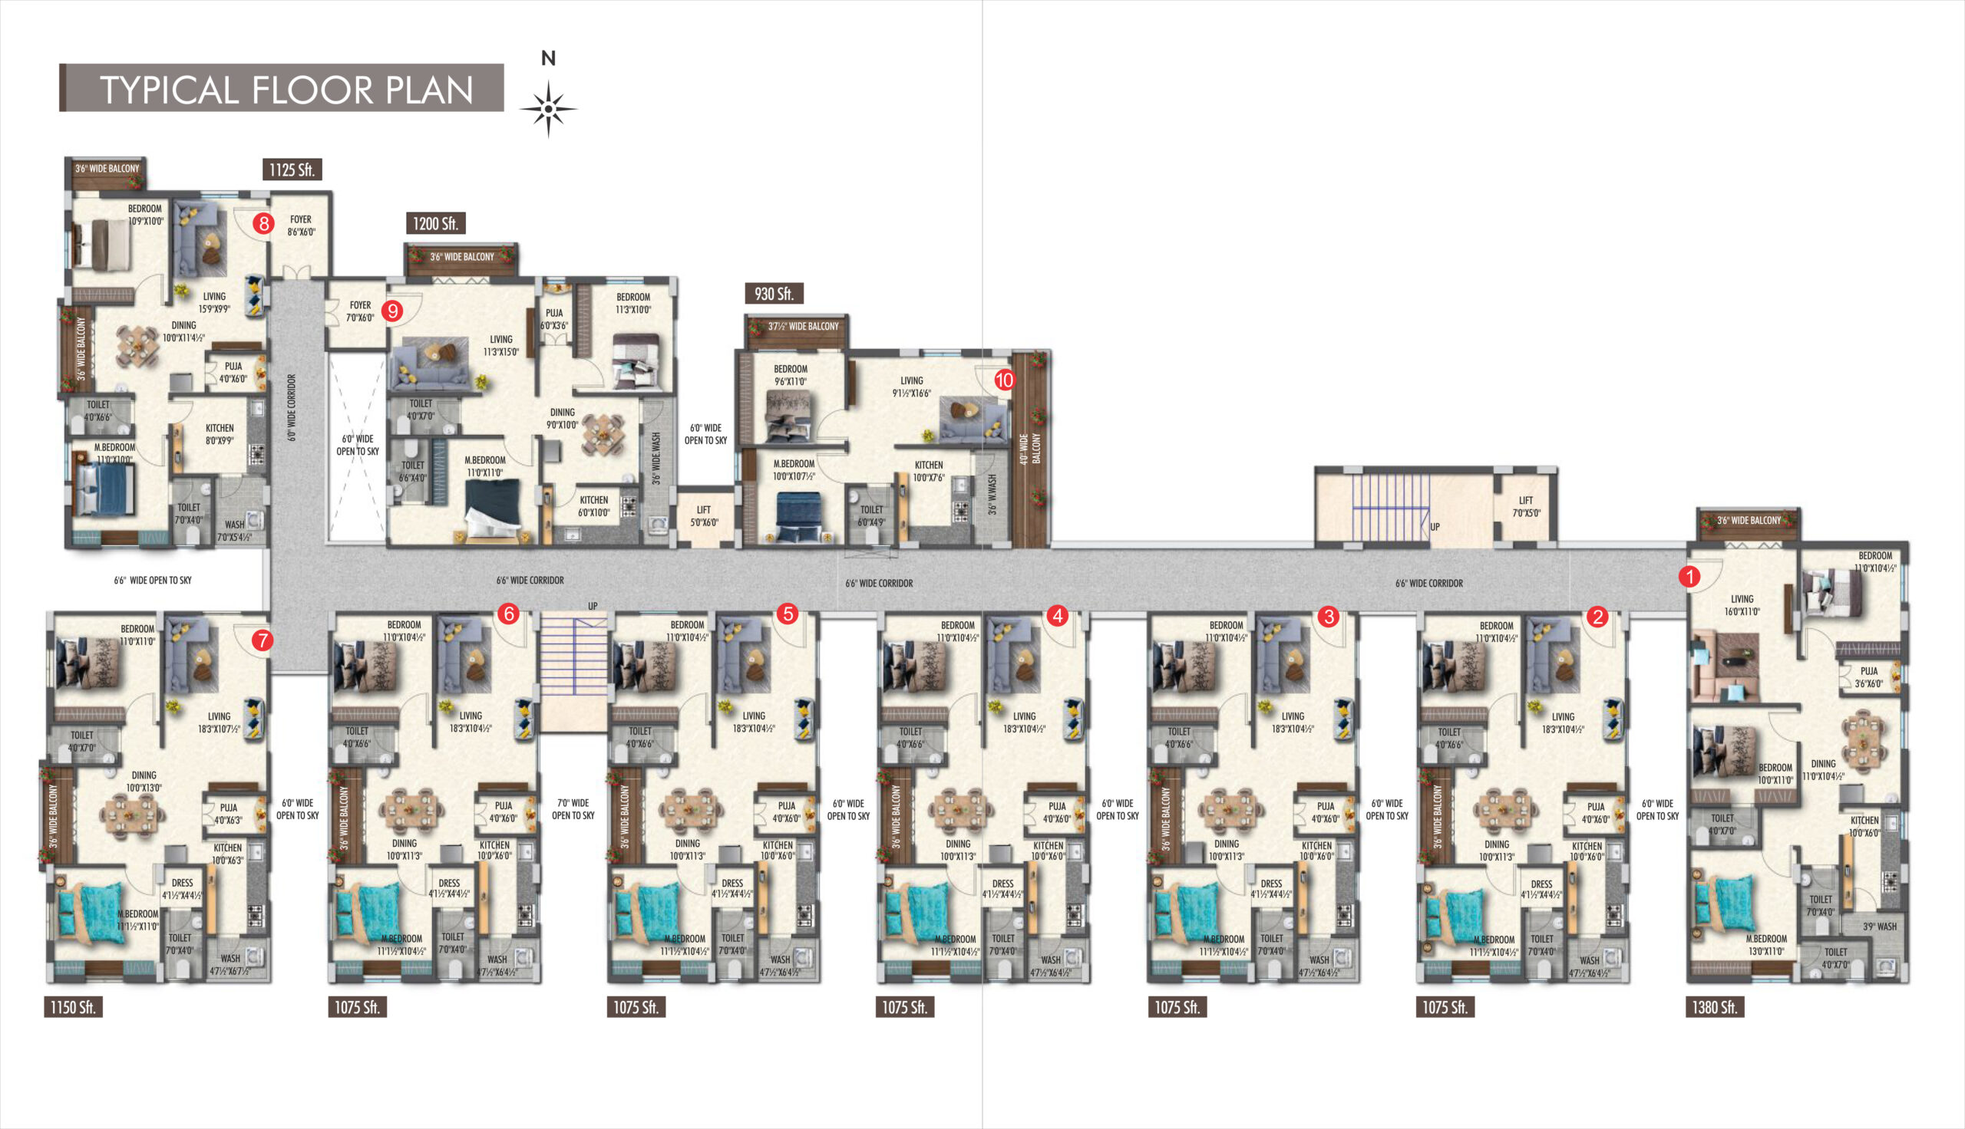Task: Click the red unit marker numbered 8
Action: pyautogui.click(x=264, y=224)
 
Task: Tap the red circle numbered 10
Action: pyautogui.click(x=1005, y=380)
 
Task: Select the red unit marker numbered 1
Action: pyautogui.click(x=1689, y=577)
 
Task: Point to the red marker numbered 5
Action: pyautogui.click(x=788, y=614)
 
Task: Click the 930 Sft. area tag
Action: pyautogui.click(x=774, y=294)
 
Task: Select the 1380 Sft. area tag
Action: pyautogui.click(x=1715, y=1007)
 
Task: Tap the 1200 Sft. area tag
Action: pyautogui.click(x=435, y=223)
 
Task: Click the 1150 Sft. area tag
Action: pyautogui.click(x=73, y=1007)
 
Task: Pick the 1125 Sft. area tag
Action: pyautogui.click(x=292, y=170)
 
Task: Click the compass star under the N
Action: pyautogui.click(x=549, y=109)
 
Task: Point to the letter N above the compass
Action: pyautogui.click(x=549, y=58)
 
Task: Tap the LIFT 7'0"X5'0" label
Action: pyautogui.click(x=1526, y=507)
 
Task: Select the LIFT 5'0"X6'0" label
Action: pyautogui.click(x=704, y=515)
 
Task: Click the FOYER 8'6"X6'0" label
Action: pyautogui.click(x=301, y=225)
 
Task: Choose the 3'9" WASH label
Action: pyautogui.click(x=1880, y=926)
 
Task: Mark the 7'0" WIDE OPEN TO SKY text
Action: pyautogui.click(x=573, y=808)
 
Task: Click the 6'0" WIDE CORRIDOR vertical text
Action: pyautogui.click(x=292, y=408)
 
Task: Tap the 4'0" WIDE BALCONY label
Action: pyautogui.click(x=1030, y=449)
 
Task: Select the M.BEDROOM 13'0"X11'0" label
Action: pyautogui.click(x=1765, y=944)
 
